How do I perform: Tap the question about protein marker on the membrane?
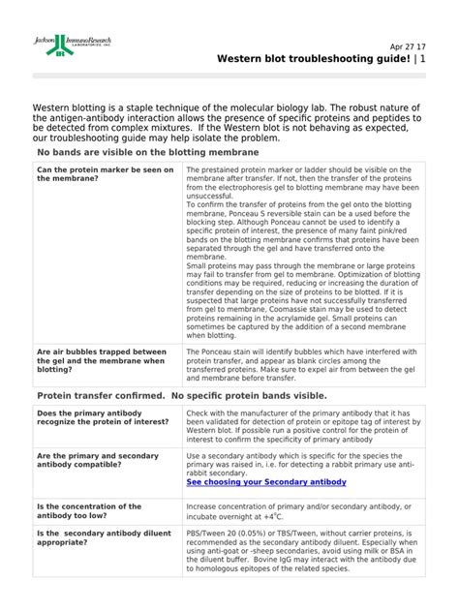(105, 174)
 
